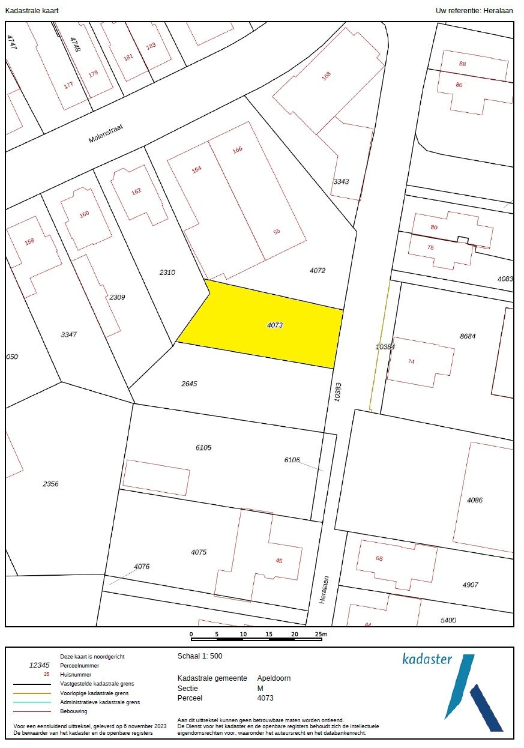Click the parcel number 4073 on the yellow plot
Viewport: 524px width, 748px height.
coord(274,325)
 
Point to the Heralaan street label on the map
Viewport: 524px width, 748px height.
coord(324,590)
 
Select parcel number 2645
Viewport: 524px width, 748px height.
coord(189,383)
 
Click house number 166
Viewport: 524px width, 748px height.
coord(237,149)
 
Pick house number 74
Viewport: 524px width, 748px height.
coord(411,361)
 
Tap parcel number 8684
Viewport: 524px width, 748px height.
coord(468,336)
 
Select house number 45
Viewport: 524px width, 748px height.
coord(279,561)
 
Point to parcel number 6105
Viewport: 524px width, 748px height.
coord(203,447)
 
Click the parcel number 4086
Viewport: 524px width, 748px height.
coord(475,499)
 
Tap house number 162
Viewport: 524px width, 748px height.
coord(136,191)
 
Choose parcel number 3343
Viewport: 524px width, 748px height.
coord(341,181)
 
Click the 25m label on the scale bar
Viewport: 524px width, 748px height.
coord(321,634)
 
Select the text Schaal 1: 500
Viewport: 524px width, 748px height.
coord(200,656)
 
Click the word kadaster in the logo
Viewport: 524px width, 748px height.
coord(427,659)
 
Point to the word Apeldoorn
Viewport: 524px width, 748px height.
coord(274,678)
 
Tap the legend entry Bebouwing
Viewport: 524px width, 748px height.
coord(74,711)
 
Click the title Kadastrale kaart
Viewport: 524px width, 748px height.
coord(32,11)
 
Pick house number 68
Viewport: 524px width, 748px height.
coord(379,558)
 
